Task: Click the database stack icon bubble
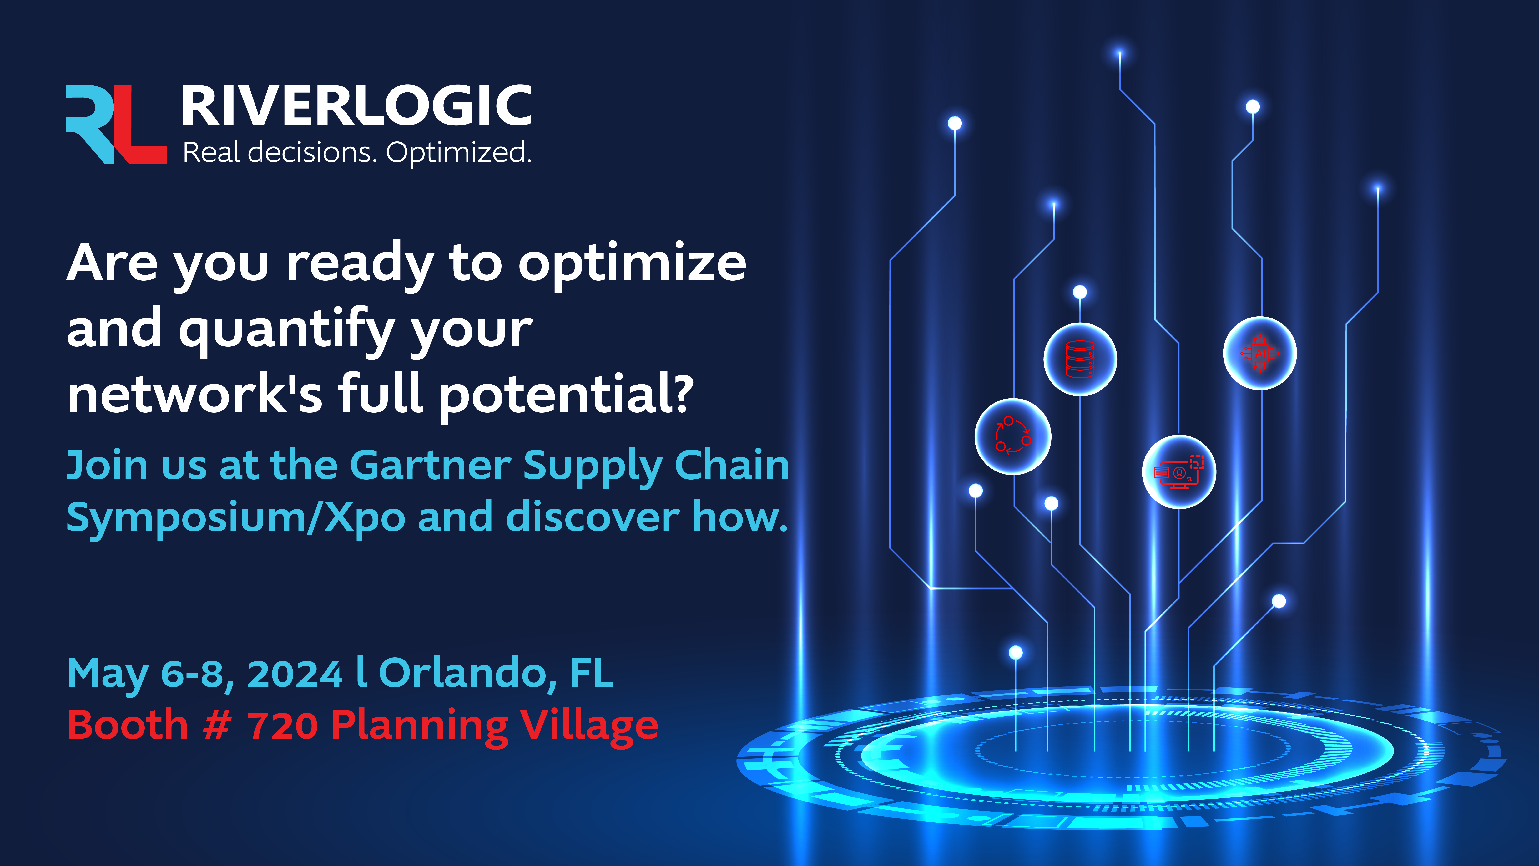point(1080,359)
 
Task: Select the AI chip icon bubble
point(1260,353)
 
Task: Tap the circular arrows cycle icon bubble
point(1013,436)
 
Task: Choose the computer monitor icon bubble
point(1179,471)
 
